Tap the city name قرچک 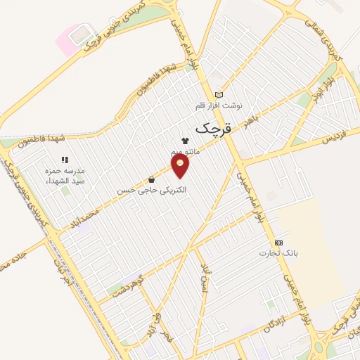[x=212, y=129]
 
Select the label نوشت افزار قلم [x=219, y=105]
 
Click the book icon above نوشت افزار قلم [x=219, y=95]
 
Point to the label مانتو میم [x=185, y=152]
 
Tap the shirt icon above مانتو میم [x=185, y=141]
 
